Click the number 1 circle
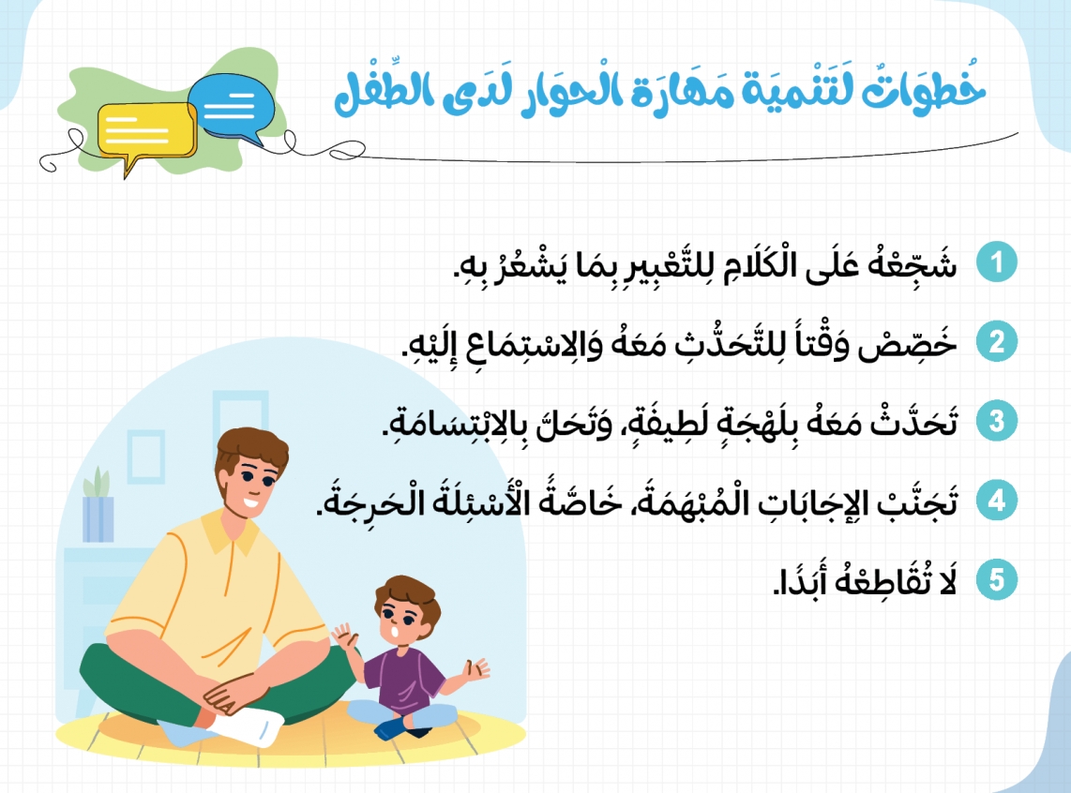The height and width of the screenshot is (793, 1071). click(997, 262)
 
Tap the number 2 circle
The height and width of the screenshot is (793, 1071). click(997, 342)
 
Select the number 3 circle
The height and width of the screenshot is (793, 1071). click(997, 421)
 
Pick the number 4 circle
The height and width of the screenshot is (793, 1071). click(997, 501)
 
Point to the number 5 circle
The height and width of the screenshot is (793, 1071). click(997, 580)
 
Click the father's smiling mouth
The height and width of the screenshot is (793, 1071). click(249, 504)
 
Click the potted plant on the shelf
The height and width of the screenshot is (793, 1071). click(98, 505)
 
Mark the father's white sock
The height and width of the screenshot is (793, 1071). click(250, 726)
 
